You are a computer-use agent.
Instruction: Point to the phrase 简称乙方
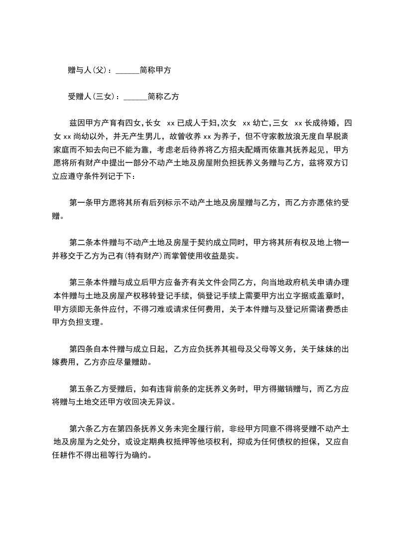[163, 97]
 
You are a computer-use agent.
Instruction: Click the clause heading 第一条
[80, 203]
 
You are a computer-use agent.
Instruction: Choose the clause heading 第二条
[80, 243]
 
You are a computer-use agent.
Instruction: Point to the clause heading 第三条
[80, 282]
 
